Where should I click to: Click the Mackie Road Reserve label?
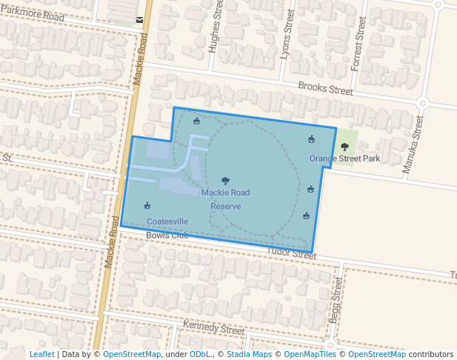tap(225, 199)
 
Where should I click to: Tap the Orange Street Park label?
tap(344, 159)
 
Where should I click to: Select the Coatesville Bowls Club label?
tap(167, 228)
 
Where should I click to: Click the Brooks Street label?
tap(325, 89)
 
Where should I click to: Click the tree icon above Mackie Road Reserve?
tap(225, 181)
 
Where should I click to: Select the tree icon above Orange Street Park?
tap(344, 147)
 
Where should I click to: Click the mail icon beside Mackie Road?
tap(140, 20)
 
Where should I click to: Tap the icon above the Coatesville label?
tap(147, 206)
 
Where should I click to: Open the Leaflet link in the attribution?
tap(41, 354)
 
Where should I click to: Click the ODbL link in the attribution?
tap(200, 354)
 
